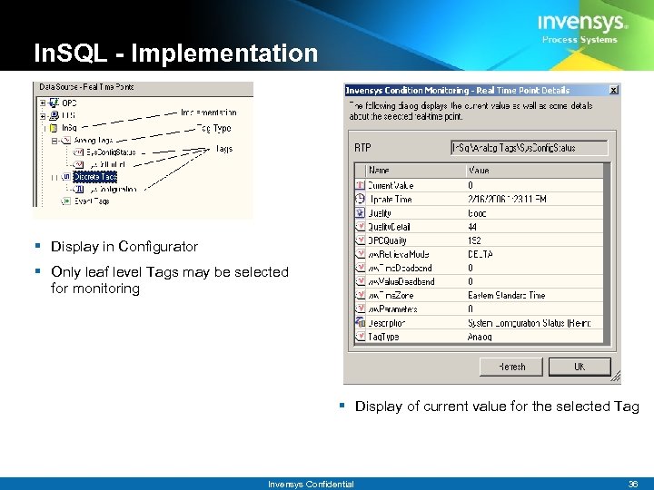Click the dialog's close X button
(x=613, y=91)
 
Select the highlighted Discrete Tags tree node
(x=94, y=177)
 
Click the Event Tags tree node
(x=91, y=201)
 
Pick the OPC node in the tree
(x=68, y=103)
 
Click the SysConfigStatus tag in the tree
(x=111, y=152)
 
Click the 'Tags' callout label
(x=223, y=149)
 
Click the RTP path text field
(x=530, y=148)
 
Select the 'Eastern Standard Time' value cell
(x=506, y=295)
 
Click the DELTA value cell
(x=481, y=254)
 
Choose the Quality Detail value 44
(x=473, y=227)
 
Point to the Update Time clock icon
(x=360, y=199)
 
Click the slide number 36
(x=632, y=485)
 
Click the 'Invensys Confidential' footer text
(x=311, y=485)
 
